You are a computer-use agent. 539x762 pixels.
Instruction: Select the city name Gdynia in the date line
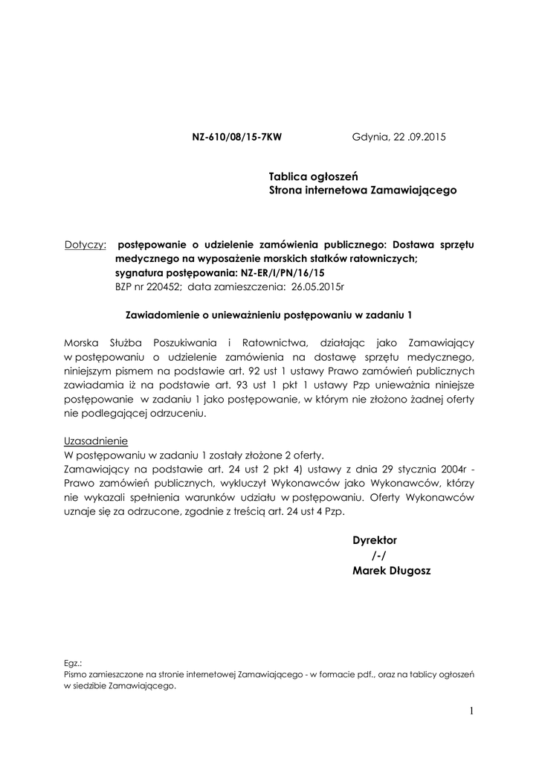(x=369, y=138)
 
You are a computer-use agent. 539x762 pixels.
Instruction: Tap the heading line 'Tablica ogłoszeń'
(x=314, y=176)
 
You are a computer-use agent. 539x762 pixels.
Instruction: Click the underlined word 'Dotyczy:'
(x=85, y=244)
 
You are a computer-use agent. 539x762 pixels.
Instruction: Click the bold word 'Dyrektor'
(x=375, y=540)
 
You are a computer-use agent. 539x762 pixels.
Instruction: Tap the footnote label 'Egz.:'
(x=74, y=662)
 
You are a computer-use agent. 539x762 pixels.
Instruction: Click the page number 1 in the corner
(x=471, y=712)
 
